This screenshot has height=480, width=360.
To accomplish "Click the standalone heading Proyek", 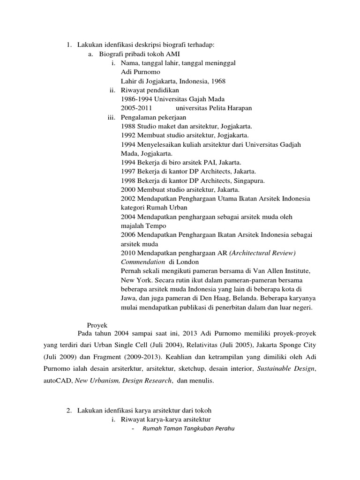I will [97, 324].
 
